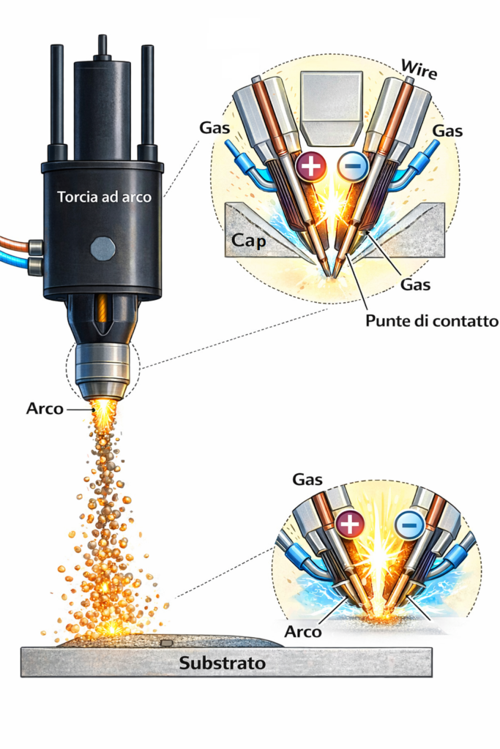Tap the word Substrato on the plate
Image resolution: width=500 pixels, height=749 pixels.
tap(222, 665)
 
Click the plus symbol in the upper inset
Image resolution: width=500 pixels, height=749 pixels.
tap(311, 167)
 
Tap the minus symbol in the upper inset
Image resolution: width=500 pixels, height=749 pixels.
tap(353, 168)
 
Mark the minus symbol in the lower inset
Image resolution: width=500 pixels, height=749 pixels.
tap(409, 524)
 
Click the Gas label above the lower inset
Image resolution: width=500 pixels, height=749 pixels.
tap(308, 480)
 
